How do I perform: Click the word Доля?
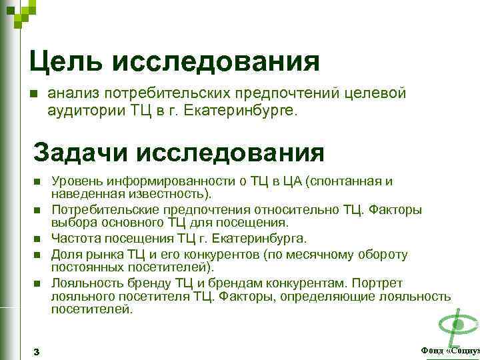[x=65, y=254]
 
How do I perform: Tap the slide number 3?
[x=36, y=351]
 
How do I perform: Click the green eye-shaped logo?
[x=457, y=325]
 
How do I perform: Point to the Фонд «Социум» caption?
[x=450, y=351]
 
